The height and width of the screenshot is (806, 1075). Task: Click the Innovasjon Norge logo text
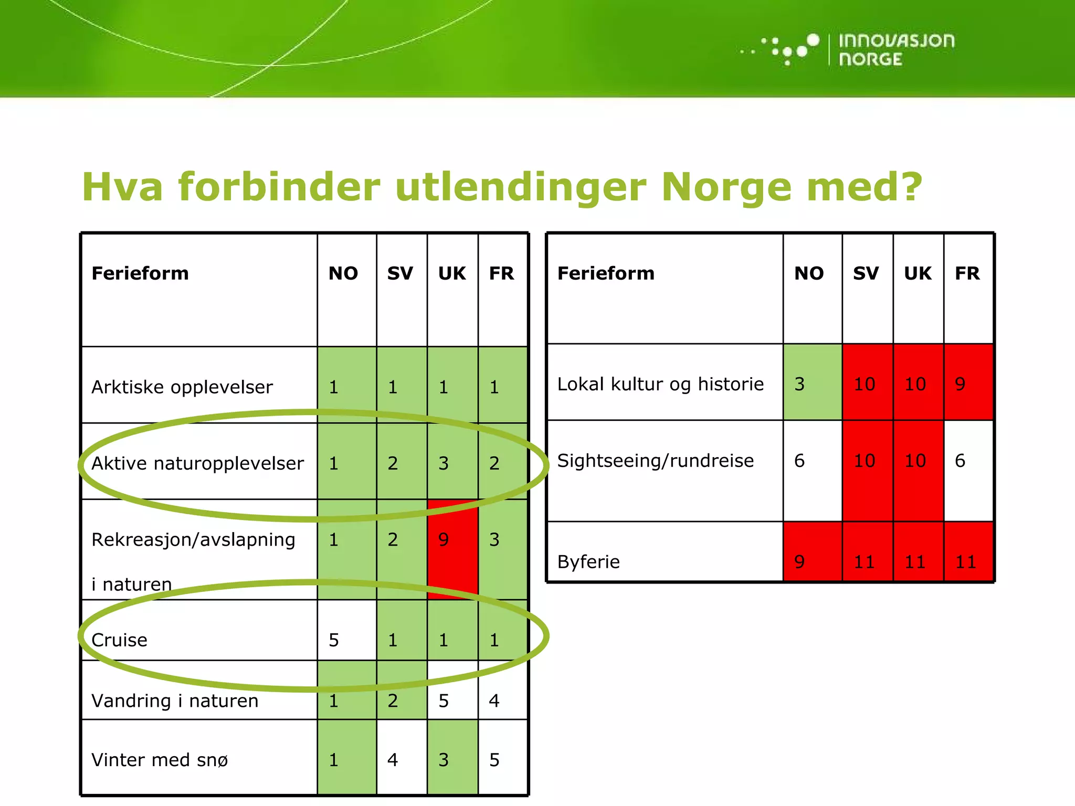895,50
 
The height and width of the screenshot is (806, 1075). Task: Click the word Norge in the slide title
726,187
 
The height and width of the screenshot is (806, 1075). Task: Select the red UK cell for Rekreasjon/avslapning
452,548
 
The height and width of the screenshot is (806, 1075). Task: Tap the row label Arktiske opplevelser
182,387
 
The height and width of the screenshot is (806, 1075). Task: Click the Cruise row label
120,640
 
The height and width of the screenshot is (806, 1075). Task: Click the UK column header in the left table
452,274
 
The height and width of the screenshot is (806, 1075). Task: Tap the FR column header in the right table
967,274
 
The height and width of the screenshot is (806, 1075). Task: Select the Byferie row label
588,562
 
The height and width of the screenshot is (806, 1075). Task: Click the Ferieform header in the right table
606,274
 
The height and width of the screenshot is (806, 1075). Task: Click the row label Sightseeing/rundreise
655,461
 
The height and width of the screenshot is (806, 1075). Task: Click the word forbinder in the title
279,187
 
